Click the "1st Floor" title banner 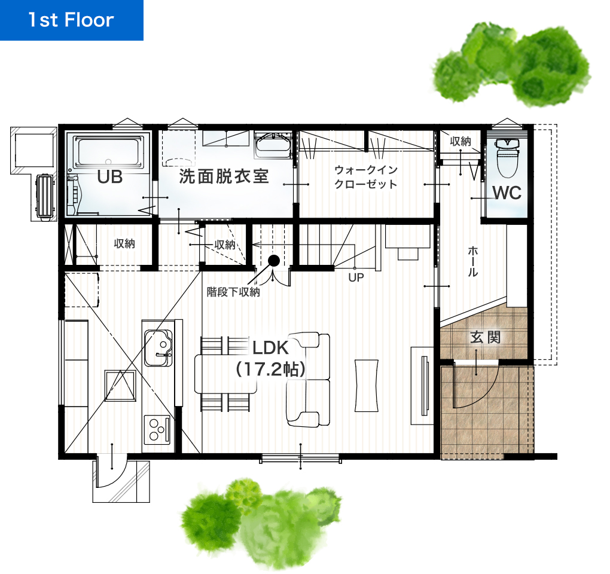coord(72,20)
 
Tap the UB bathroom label coord(109,177)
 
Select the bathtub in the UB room coord(108,153)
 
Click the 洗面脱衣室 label coord(224,176)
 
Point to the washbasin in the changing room coord(273,145)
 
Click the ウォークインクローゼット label coord(366,177)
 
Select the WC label coord(507,193)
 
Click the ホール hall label coord(472,261)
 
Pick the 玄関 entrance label coord(485,337)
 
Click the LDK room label coord(271,348)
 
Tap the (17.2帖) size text coord(271,369)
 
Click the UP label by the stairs coord(356,277)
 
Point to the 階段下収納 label coord(233,292)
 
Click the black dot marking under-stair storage coord(274,261)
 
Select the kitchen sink coord(158,348)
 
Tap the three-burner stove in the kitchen coord(157,430)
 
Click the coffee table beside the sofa coord(366,386)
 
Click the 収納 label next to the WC coord(460,141)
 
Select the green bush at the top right coord(512,64)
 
